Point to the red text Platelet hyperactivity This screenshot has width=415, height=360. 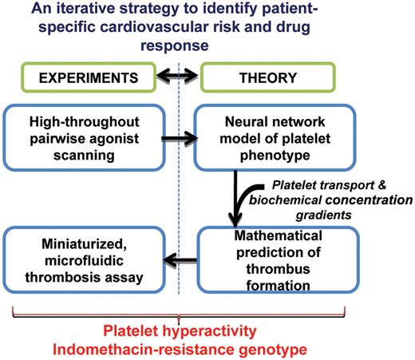tap(207, 330)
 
